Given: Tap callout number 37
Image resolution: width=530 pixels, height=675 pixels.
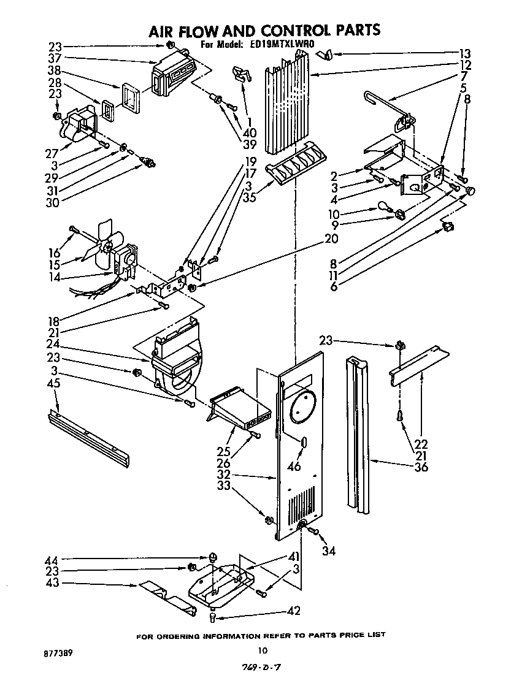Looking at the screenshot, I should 55,58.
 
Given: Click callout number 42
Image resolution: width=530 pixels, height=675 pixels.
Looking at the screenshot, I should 294,611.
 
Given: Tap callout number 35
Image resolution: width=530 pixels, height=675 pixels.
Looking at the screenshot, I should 248,197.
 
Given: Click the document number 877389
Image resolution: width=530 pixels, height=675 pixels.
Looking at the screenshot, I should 59,654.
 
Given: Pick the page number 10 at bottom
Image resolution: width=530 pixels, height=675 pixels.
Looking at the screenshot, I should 263,651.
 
